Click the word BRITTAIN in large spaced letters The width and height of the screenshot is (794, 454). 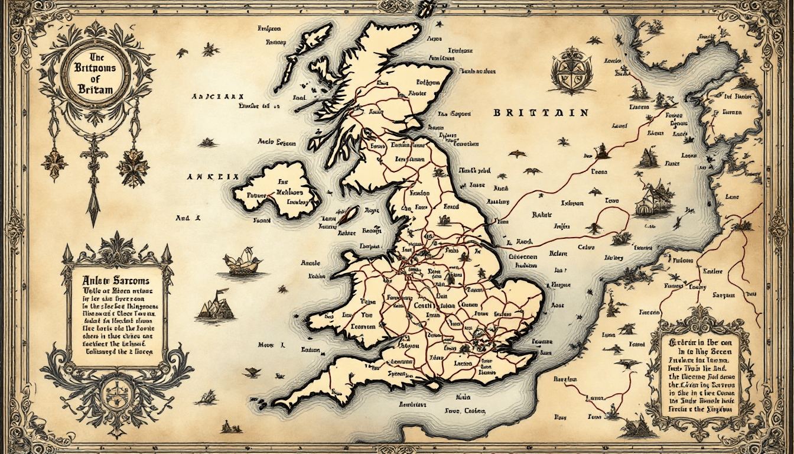click(x=541, y=112)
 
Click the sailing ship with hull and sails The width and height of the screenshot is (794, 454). click(x=243, y=262)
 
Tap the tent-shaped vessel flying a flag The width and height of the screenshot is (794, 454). click(x=214, y=307)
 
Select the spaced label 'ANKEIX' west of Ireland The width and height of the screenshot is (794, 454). click(x=211, y=176)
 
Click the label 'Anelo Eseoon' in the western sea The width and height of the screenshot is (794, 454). click(x=276, y=142)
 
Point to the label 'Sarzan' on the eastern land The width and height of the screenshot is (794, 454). click(x=723, y=294)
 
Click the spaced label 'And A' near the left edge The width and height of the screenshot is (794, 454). click(x=188, y=218)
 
